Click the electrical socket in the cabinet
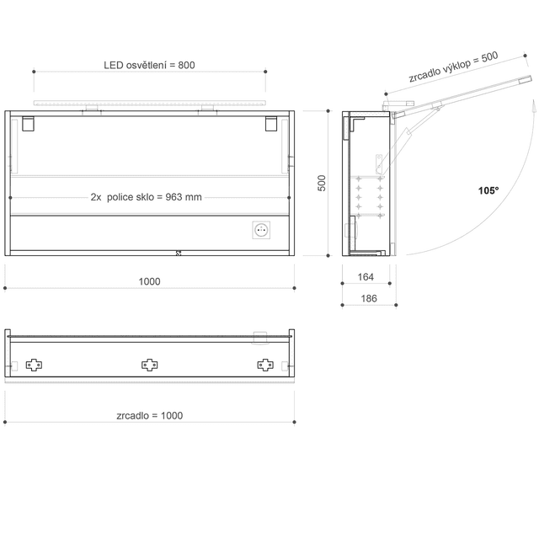(261, 230)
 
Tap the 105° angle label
(488, 190)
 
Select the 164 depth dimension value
(366, 277)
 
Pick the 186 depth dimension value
(369, 298)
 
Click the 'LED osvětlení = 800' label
(149, 65)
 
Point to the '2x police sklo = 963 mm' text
(146, 197)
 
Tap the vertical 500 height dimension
(322, 183)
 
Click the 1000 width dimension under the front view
(149, 281)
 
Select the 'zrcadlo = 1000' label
(150, 415)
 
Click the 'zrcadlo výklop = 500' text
(453, 67)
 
